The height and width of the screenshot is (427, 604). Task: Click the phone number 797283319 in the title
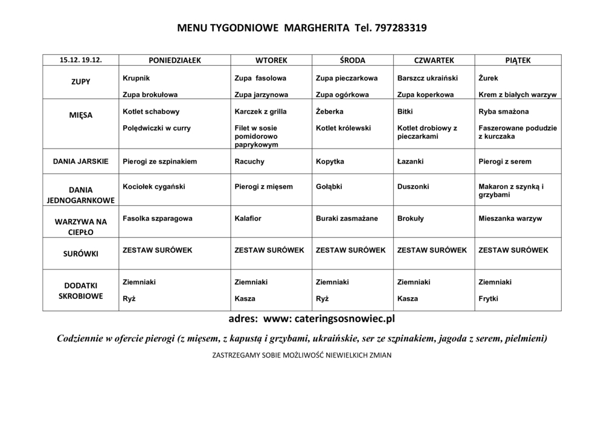coord(400,28)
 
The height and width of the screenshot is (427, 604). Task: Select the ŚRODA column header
coord(353,60)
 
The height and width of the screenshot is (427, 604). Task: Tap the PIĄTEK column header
coord(518,60)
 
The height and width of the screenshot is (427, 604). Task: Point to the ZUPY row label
coord(80,82)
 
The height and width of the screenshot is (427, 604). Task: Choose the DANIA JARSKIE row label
coord(80,161)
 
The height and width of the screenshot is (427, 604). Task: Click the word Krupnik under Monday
coord(136,79)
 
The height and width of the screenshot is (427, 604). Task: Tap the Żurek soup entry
coord(488,79)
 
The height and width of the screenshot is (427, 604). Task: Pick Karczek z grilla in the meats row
coord(260,112)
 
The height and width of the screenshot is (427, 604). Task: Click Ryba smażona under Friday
coord(503,112)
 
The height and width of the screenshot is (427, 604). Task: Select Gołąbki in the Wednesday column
coord(330,187)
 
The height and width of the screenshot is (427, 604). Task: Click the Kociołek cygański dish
coord(153,187)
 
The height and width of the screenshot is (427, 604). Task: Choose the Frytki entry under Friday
coord(488,298)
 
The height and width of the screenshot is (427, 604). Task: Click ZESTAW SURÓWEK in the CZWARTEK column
coord(432,249)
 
